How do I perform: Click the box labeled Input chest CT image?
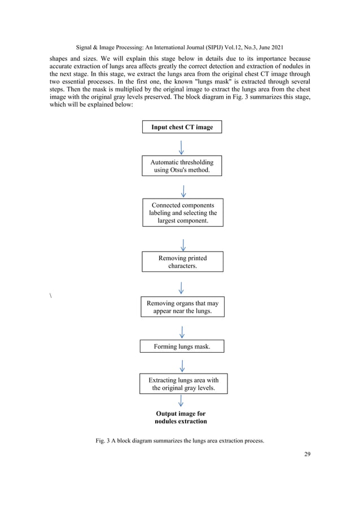click(x=182, y=127)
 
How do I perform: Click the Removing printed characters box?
click(x=182, y=261)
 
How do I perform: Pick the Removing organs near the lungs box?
click(x=182, y=307)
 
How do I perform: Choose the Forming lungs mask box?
click(x=182, y=346)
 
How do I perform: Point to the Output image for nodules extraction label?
click(x=181, y=418)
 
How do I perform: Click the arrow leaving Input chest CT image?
click(x=181, y=146)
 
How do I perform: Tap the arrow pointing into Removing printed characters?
click(x=182, y=244)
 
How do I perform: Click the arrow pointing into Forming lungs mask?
click(x=182, y=330)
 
